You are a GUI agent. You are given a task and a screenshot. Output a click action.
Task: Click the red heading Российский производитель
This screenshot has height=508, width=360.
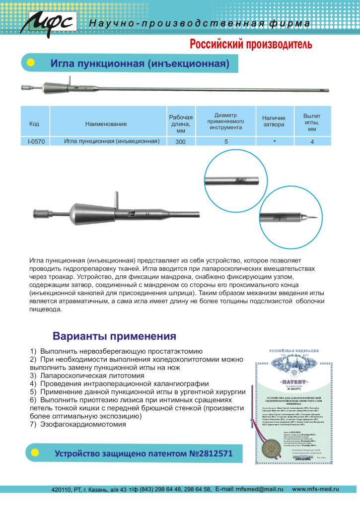(251, 45)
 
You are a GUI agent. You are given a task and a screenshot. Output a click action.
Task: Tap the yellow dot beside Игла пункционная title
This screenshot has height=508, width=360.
(30, 63)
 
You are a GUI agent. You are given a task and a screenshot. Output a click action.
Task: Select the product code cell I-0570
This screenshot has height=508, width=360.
(36, 141)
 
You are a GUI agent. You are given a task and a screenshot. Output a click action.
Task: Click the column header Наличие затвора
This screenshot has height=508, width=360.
(274, 121)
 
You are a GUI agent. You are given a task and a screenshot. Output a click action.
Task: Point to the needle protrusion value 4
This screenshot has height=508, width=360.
(312, 141)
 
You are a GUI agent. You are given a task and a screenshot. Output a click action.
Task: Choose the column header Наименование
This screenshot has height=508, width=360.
(106, 124)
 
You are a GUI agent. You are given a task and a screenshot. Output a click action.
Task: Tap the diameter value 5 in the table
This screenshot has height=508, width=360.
(226, 141)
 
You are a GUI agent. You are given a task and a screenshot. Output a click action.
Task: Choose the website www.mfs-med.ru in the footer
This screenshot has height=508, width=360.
(315, 489)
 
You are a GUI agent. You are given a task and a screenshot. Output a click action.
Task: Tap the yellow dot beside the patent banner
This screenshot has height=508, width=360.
(35, 453)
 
